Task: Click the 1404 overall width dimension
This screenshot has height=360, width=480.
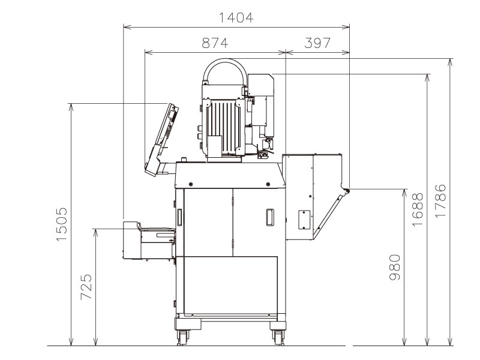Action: pyautogui.click(x=236, y=18)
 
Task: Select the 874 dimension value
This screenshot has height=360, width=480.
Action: pyautogui.click(x=214, y=43)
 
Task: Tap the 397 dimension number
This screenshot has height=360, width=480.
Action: pyautogui.click(x=317, y=43)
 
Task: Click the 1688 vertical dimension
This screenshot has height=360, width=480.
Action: pyautogui.click(x=418, y=208)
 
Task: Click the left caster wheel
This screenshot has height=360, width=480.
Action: pyautogui.click(x=182, y=336)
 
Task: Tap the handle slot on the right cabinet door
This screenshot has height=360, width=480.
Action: pyautogui.click(x=270, y=216)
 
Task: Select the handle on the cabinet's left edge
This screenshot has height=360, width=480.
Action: pyautogui.click(x=178, y=217)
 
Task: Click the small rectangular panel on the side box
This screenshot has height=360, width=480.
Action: pyautogui.click(x=304, y=219)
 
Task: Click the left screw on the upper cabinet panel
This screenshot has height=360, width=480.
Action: pyautogui.click(x=191, y=184)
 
